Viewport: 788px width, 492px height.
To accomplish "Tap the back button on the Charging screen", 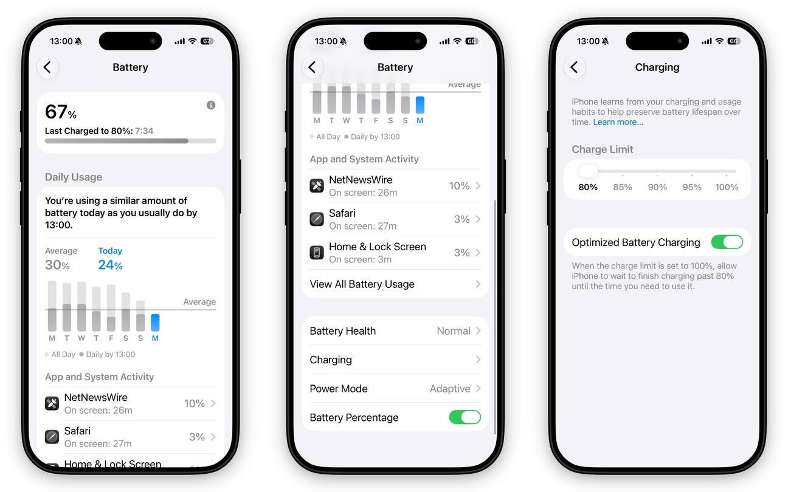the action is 575,67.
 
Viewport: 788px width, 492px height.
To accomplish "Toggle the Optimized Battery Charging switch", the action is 727,242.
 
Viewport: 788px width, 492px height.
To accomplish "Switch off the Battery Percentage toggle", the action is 465,417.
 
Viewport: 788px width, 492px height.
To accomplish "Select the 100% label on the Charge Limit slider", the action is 727,187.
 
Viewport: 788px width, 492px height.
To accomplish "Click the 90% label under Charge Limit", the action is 657,187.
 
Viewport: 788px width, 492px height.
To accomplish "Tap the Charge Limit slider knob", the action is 588,171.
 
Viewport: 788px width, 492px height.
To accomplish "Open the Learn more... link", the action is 618,122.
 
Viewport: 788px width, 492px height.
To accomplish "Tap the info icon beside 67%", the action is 211,105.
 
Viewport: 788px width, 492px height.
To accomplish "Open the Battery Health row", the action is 395,330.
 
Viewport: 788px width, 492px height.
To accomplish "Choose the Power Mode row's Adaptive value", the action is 449,388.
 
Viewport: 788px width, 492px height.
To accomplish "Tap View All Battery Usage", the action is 395,284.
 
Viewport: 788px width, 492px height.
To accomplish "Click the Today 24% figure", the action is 110,265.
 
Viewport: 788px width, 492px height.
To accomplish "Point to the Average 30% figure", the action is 57,265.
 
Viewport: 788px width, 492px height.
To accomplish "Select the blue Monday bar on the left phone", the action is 155,323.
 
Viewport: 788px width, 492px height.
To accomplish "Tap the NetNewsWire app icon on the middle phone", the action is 317,185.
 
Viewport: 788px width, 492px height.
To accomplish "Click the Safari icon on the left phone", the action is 52,437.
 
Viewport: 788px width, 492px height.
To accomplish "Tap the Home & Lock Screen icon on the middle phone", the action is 317,252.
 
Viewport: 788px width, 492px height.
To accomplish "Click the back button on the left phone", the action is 47,67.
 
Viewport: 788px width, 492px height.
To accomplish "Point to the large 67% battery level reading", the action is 61,112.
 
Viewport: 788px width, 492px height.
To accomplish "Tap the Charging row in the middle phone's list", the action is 395,360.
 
